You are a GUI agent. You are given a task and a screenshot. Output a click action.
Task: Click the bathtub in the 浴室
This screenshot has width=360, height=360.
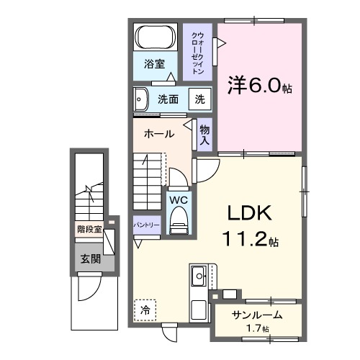(x=154, y=37)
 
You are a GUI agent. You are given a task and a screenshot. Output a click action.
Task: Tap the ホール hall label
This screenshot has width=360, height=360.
(x=158, y=134)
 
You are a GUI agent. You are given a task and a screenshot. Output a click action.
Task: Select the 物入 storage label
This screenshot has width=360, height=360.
(x=204, y=135)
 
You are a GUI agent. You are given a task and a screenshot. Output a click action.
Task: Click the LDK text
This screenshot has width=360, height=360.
(x=249, y=213)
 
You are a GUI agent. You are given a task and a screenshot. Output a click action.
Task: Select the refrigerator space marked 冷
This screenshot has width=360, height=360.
(x=145, y=310)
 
